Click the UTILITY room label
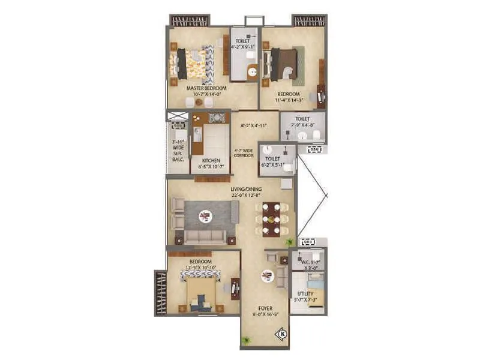click(x=304, y=294)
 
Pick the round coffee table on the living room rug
click(x=205, y=214)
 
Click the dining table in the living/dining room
click(x=271, y=218)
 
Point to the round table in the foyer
click(x=267, y=277)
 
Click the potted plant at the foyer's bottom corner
click(x=245, y=341)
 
